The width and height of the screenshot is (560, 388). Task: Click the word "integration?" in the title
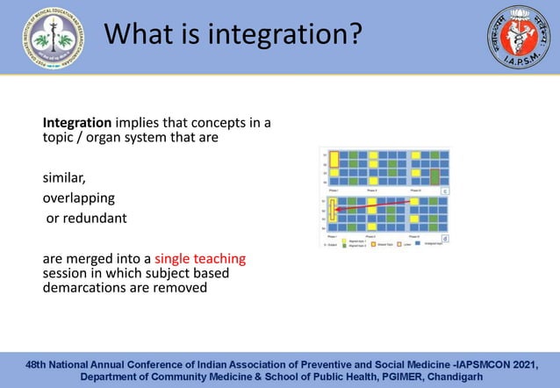point(284,36)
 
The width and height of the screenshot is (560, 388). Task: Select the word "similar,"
point(64,178)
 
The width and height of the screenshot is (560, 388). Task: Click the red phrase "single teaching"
point(200,259)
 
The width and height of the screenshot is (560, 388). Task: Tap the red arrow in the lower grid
point(373,205)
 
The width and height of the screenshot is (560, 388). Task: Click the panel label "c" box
point(444,190)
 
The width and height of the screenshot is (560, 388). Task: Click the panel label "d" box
point(444,238)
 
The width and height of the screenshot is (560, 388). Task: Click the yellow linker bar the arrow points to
point(334,211)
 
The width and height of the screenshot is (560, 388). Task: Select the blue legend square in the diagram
point(417,243)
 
